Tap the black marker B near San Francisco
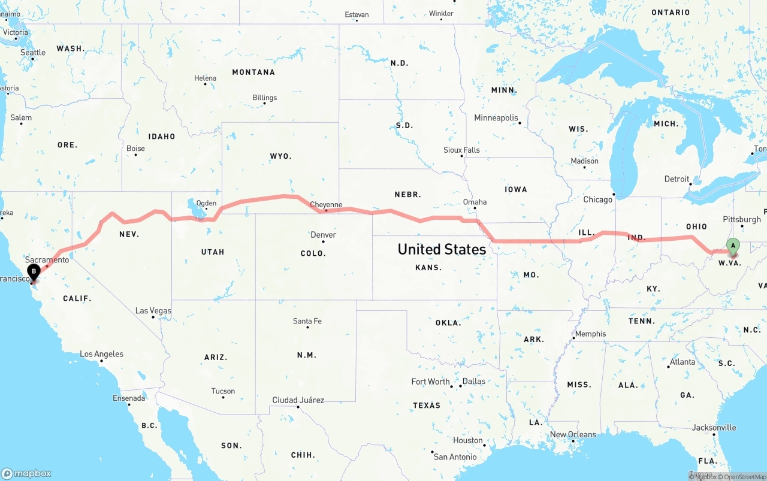34,271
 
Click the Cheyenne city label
326,205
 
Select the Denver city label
323,235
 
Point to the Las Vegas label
153,311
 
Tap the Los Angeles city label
102,354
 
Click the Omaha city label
475,202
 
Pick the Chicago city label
598,199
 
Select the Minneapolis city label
496,118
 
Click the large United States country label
442,249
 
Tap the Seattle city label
33,53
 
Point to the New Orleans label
573,435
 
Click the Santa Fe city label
307,321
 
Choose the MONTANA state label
253,72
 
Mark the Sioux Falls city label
461,150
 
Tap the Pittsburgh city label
742,220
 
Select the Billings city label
264,98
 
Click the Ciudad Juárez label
298,400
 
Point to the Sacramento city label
47,260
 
